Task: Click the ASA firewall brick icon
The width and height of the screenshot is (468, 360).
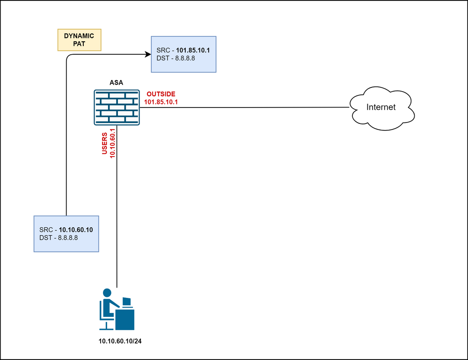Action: [117, 108]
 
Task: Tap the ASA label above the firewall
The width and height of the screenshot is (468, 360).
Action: [117, 83]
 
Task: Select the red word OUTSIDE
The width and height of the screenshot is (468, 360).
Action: [161, 94]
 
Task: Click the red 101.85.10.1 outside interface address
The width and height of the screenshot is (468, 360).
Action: [161, 101]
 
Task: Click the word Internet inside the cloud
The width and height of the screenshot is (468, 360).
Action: [381, 107]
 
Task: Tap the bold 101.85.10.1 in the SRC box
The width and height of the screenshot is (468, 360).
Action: [192, 49]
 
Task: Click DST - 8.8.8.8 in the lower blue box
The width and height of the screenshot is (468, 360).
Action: [58, 238]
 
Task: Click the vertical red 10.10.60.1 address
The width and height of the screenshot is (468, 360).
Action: [112, 143]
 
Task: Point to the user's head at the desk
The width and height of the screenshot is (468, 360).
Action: [107, 293]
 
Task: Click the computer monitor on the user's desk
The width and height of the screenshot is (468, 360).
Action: [126, 302]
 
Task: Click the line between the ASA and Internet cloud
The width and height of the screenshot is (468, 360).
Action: [243, 108]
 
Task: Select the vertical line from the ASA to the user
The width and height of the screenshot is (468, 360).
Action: [117, 210]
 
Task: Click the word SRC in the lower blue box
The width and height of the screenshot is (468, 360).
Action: [46, 230]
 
